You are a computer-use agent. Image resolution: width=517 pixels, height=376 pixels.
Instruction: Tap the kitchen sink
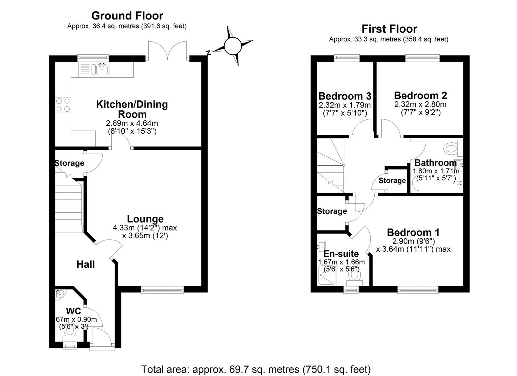(x=101, y=69)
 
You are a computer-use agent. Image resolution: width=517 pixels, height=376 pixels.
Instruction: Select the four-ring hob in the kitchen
(x=63, y=104)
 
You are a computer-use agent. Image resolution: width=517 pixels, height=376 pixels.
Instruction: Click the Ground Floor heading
(x=127, y=16)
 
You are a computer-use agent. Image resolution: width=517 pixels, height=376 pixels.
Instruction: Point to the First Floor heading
(x=389, y=29)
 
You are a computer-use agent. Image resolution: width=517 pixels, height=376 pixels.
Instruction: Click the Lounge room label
(x=145, y=219)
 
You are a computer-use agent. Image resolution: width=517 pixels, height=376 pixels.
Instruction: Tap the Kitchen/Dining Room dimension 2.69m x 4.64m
(x=132, y=124)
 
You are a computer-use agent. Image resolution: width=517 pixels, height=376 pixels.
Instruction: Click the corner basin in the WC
(x=60, y=294)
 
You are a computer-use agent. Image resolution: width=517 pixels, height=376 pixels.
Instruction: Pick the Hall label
(x=86, y=265)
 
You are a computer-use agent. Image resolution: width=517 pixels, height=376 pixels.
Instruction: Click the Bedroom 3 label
(x=344, y=96)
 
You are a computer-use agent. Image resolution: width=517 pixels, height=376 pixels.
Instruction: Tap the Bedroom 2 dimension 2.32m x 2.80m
(x=420, y=104)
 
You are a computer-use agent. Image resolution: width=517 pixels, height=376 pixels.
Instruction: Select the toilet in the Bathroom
(x=452, y=149)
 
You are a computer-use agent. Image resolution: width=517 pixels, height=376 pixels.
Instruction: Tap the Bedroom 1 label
(x=413, y=232)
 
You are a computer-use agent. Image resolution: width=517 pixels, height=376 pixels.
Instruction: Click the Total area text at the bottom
(x=256, y=369)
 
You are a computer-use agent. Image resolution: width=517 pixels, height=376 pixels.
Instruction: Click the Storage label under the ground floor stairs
(x=70, y=163)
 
